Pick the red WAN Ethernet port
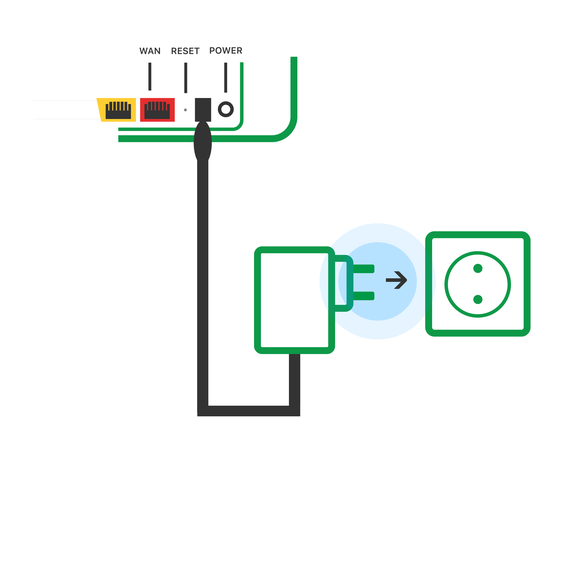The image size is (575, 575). click(x=157, y=110)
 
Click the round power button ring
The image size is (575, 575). click(x=226, y=109)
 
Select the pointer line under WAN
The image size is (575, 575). click(x=150, y=76)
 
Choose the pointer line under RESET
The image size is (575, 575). click(x=186, y=78)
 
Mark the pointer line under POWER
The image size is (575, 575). click(x=226, y=77)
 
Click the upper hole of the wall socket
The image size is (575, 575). click(x=478, y=268)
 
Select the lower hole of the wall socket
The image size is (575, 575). click(x=478, y=299)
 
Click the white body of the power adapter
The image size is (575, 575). click(x=294, y=300)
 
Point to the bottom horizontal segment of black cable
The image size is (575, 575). click(x=248, y=411)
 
